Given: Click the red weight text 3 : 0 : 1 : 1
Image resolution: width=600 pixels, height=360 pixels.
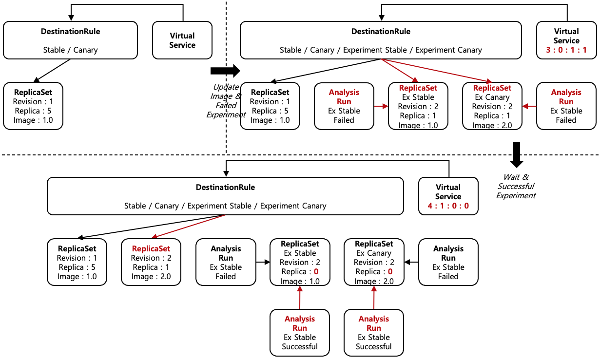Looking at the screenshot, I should [x=566, y=50].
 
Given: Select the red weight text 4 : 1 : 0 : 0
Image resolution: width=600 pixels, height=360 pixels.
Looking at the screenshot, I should [x=448, y=206].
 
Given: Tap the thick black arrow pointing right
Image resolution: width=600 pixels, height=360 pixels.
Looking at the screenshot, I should [x=225, y=71].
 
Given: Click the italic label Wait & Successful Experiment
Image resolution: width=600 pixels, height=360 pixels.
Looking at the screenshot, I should [x=516, y=186].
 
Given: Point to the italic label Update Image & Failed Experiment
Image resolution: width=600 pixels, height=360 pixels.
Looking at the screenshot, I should [x=225, y=101].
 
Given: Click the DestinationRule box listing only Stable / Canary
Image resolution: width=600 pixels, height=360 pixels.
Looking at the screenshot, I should [x=71, y=40].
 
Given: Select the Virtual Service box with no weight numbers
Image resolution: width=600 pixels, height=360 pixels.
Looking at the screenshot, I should [x=182, y=40].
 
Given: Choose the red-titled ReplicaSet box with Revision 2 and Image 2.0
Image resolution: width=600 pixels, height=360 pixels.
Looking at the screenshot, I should [x=151, y=262].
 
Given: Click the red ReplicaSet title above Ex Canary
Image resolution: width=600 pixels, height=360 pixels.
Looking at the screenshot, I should [x=492, y=88].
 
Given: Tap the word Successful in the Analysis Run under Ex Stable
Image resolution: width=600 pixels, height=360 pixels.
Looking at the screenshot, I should [x=300, y=347].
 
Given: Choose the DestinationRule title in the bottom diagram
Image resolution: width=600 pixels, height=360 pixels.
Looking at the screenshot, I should [x=225, y=188].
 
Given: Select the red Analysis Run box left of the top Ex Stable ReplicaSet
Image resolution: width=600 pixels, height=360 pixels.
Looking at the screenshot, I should [x=344, y=106].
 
